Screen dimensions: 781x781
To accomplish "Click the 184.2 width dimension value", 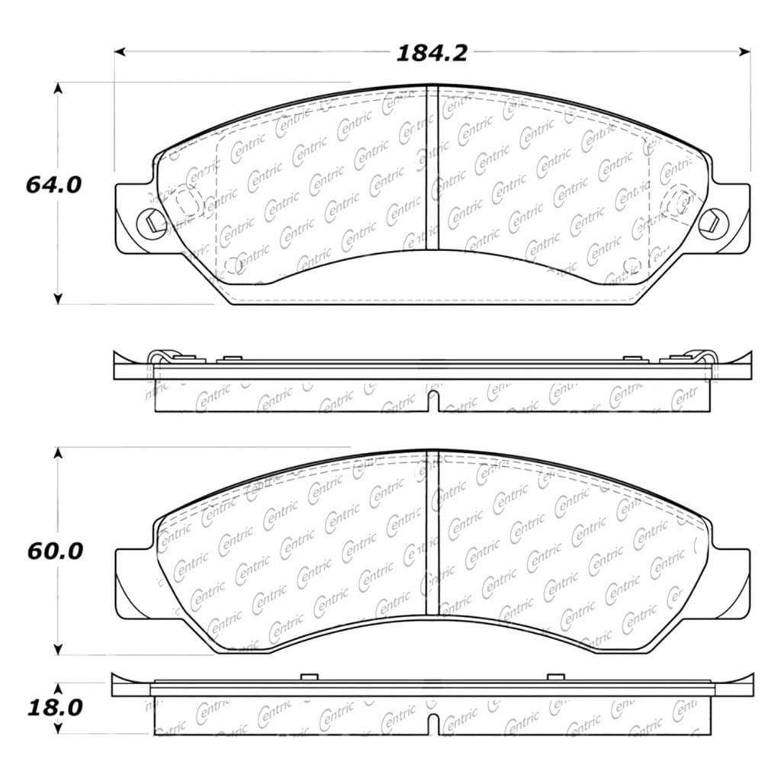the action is [432, 53].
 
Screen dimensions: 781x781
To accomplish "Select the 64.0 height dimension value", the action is [53, 185].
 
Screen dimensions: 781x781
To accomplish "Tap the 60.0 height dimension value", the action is [55, 551].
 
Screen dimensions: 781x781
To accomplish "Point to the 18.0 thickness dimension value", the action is [55, 708].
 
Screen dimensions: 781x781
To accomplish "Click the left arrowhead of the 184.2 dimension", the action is [120, 51].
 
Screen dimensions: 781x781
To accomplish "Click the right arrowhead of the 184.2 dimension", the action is [744, 51].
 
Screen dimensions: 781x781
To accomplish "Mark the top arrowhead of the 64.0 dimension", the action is [58, 88].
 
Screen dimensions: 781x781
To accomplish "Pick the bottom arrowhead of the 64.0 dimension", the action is [58, 298].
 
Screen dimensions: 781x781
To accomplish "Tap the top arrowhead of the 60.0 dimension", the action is [58, 453].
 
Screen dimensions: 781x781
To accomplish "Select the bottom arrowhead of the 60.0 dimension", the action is [58, 649].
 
